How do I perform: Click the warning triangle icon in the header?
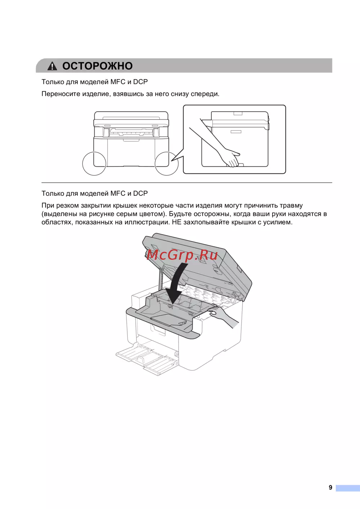[x=52, y=66]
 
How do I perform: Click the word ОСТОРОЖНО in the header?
[x=98, y=66]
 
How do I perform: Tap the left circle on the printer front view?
[x=94, y=164]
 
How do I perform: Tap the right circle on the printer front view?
[x=166, y=164]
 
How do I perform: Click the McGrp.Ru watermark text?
[x=182, y=255]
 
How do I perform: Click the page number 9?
[x=330, y=487]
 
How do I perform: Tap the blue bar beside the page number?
[x=348, y=488]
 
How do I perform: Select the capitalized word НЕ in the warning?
[x=176, y=222]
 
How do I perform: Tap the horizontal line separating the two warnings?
[x=186, y=183]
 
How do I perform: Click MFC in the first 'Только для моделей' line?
[x=118, y=82]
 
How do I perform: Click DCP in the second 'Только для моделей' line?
[x=140, y=193]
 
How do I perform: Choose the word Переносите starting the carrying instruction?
[x=60, y=94]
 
